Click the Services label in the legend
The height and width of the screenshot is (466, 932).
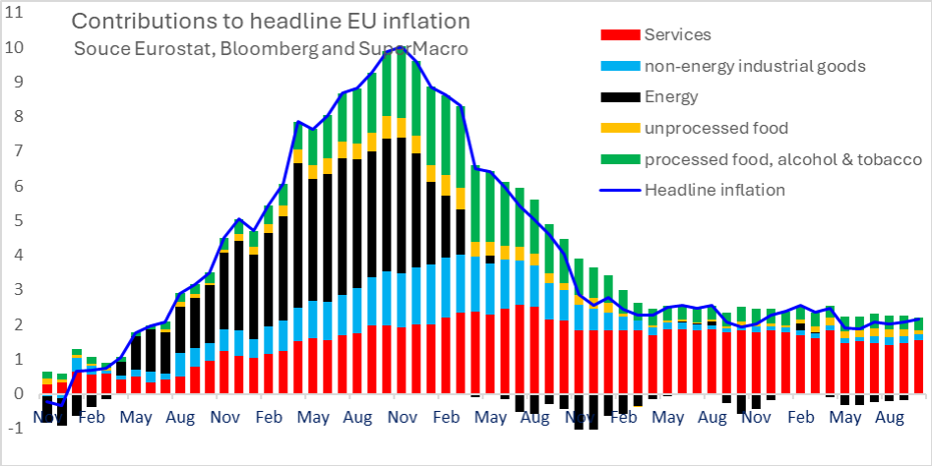point(676,35)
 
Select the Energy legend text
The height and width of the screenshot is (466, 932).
point(670,96)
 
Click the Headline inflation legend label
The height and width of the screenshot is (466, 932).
point(715,190)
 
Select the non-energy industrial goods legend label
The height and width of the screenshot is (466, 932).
point(754,66)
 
